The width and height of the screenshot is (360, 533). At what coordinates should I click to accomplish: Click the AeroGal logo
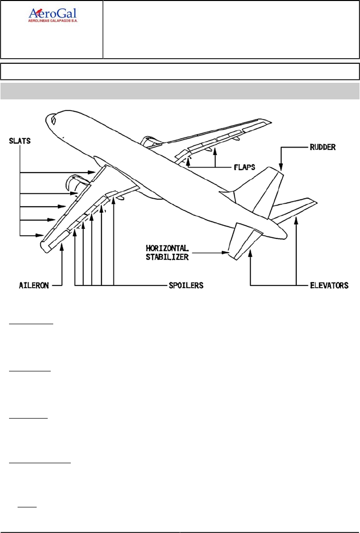coord(52,15)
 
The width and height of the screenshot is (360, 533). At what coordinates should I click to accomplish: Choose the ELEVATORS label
coord(329,285)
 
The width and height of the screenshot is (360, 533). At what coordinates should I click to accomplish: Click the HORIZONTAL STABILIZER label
coord(167,251)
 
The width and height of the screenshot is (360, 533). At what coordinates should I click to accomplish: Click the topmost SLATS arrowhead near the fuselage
coord(93,173)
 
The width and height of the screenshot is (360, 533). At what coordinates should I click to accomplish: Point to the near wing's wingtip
coord(43,245)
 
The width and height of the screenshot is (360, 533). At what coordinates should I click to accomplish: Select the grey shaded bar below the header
coord(180,91)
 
